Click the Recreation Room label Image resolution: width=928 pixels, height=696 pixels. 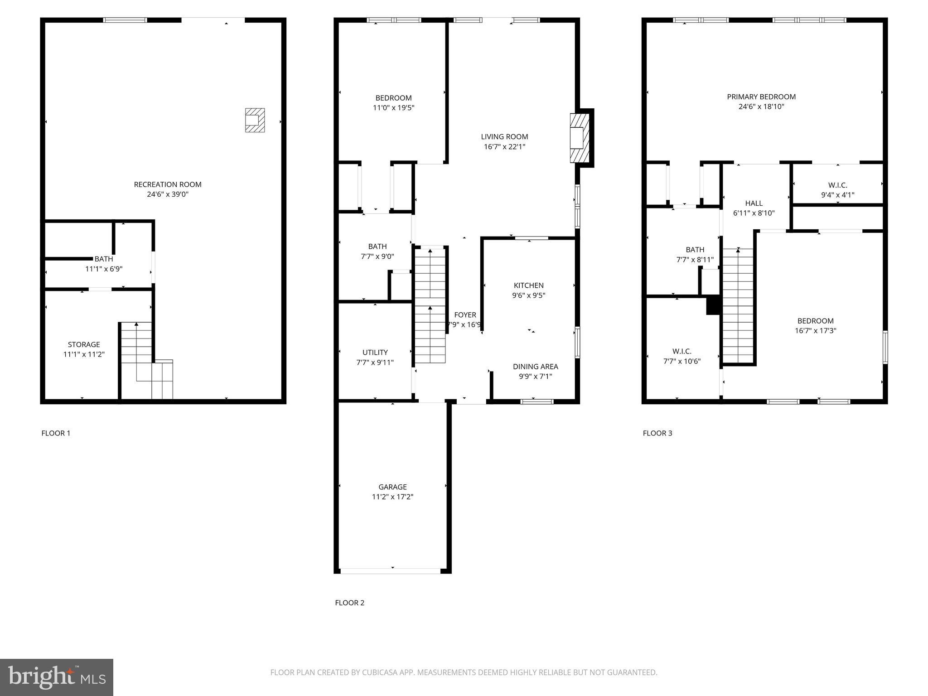tap(168, 184)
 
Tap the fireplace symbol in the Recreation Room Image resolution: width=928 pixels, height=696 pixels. tap(255, 120)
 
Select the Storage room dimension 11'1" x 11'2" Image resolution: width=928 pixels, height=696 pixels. tap(84, 354)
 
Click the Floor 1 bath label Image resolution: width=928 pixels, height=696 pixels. tap(104, 259)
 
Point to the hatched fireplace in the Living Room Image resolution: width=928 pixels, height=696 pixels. tap(580, 138)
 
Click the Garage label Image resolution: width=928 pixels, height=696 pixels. tap(392, 487)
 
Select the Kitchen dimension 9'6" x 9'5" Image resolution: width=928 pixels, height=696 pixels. tap(528, 295)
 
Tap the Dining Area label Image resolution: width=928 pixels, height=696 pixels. tap(535, 367)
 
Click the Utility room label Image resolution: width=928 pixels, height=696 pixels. tap(375, 353)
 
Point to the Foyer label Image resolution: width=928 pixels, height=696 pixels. tap(465, 315)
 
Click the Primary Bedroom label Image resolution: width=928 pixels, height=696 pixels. tap(761, 97)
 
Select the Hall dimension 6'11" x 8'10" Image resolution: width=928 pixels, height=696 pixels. tap(754, 213)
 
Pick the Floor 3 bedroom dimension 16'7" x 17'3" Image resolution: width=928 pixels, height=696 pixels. tap(815, 331)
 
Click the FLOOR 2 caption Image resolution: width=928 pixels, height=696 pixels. tap(349, 603)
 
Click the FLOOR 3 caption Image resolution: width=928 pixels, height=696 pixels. tap(657, 433)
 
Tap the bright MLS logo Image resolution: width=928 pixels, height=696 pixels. tap(57, 677)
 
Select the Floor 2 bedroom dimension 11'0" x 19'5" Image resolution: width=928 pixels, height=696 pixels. tap(393, 108)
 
